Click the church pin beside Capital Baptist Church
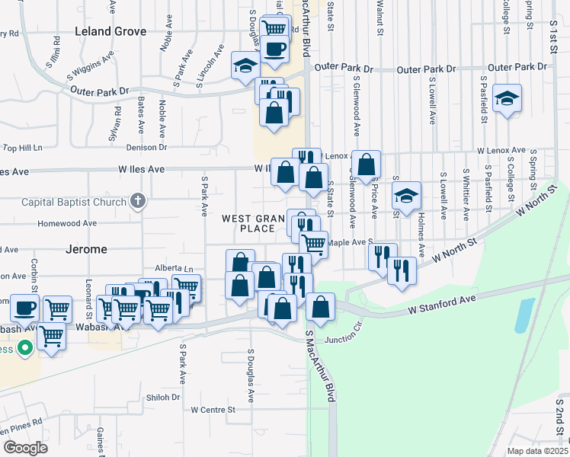point(137,201)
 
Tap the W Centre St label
point(214,410)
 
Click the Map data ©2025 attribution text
point(536,451)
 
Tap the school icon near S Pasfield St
point(507,99)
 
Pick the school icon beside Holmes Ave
point(407,196)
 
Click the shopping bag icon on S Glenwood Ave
point(367,164)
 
